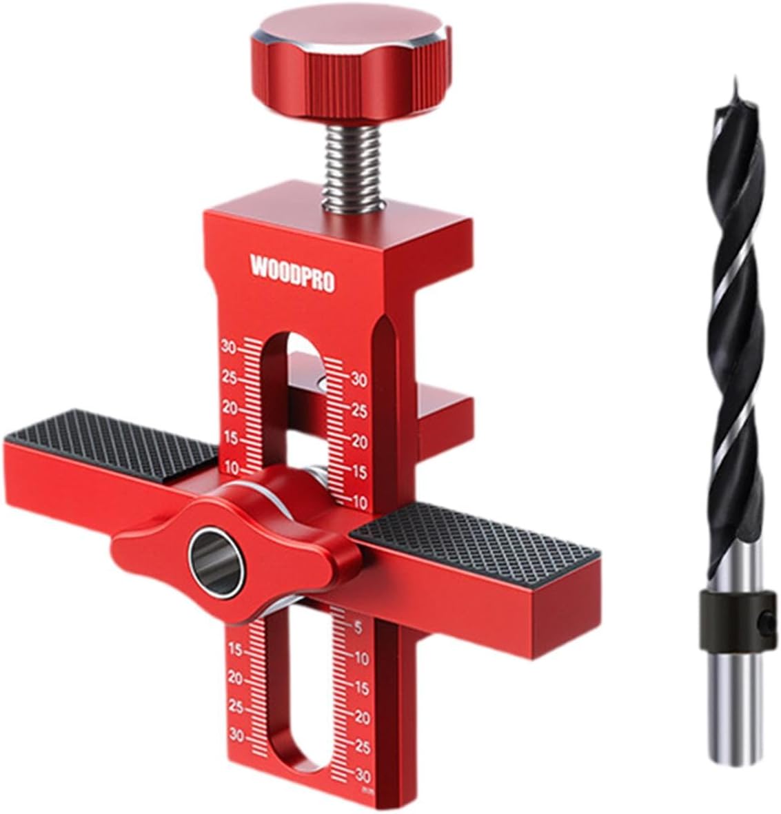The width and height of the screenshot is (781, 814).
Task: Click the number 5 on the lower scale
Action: coord(358,627)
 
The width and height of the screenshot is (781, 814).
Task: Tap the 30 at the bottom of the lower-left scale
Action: coord(236,735)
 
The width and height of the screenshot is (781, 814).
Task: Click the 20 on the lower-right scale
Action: coord(361,718)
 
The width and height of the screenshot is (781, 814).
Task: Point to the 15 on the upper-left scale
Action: coord(230,438)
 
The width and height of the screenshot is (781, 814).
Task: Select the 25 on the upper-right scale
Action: coord(359,410)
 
